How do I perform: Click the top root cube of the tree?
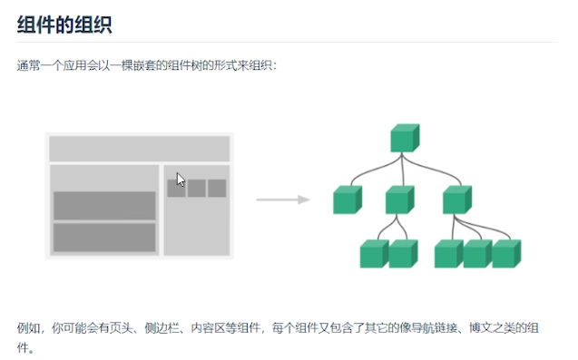click(404, 138)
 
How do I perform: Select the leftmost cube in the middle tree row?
click(347, 199)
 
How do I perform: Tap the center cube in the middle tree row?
click(398, 199)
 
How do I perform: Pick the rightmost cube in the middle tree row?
click(456, 199)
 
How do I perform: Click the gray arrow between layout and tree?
click(282, 199)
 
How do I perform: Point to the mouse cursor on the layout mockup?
click(181, 180)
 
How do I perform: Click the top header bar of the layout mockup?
click(139, 149)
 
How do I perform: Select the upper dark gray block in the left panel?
click(104, 206)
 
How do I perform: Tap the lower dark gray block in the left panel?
click(104, 237)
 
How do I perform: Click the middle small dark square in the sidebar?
click(197, 188)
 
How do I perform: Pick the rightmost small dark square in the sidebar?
click(217, 188)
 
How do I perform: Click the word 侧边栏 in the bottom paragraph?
click(161, 327)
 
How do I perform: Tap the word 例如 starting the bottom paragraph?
click(28, 327)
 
